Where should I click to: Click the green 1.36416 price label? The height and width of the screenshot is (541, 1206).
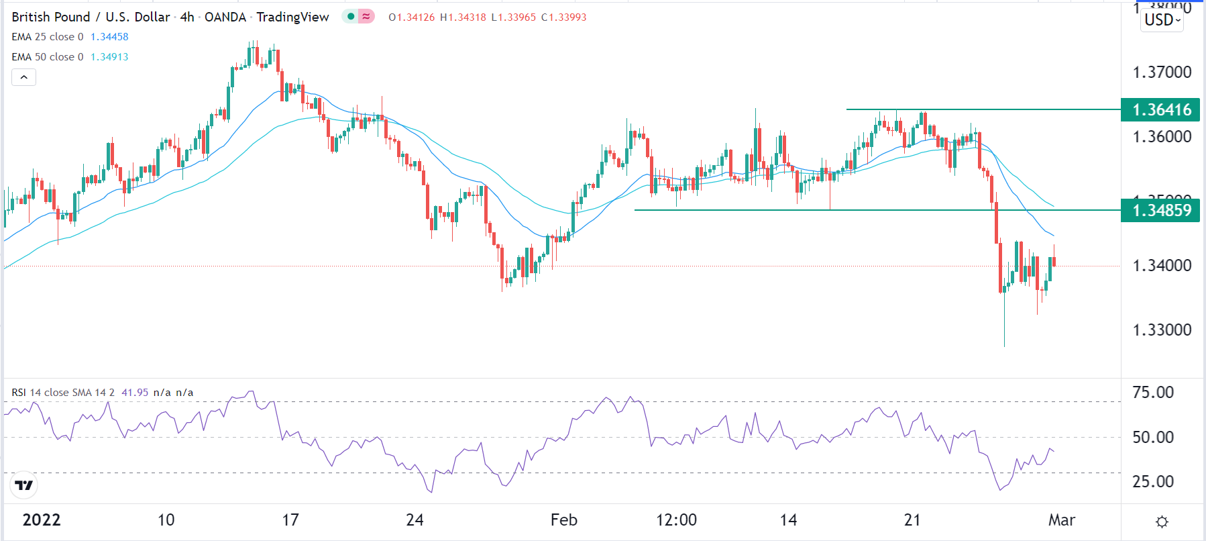pos(1160,109)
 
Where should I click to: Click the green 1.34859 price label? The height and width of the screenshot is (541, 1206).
pos(1160,211)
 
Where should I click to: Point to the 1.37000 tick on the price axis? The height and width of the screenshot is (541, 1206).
pos(1162,72)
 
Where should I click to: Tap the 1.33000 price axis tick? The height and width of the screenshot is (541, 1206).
pos(1162,330)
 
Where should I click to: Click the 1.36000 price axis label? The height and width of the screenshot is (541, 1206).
pos(1162,137)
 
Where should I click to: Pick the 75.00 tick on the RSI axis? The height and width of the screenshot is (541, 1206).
pos(1153,393)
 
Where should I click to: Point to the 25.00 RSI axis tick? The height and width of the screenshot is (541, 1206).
pos(1153,482)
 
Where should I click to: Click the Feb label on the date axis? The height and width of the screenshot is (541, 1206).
pos(563,520)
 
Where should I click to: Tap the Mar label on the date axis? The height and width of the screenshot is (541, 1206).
pos(1061,520)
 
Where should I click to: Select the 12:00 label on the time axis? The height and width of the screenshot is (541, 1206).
pos(676,520)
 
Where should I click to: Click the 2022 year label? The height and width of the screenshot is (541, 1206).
pos(42,520)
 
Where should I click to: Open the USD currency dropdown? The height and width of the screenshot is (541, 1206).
pos(1162,20)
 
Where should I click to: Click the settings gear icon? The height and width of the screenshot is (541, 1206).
pos(1162,522)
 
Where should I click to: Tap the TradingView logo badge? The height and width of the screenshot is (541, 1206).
pos(24,485)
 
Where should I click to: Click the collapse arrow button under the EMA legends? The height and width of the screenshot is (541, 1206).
pos(23,77)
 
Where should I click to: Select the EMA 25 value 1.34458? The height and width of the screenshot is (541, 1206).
pos(109,37)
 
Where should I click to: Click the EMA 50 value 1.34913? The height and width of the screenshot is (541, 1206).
pos(109,57)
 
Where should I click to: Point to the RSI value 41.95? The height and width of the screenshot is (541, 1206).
pos(135,393)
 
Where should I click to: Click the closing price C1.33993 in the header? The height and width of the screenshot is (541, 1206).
pos(563,17)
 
